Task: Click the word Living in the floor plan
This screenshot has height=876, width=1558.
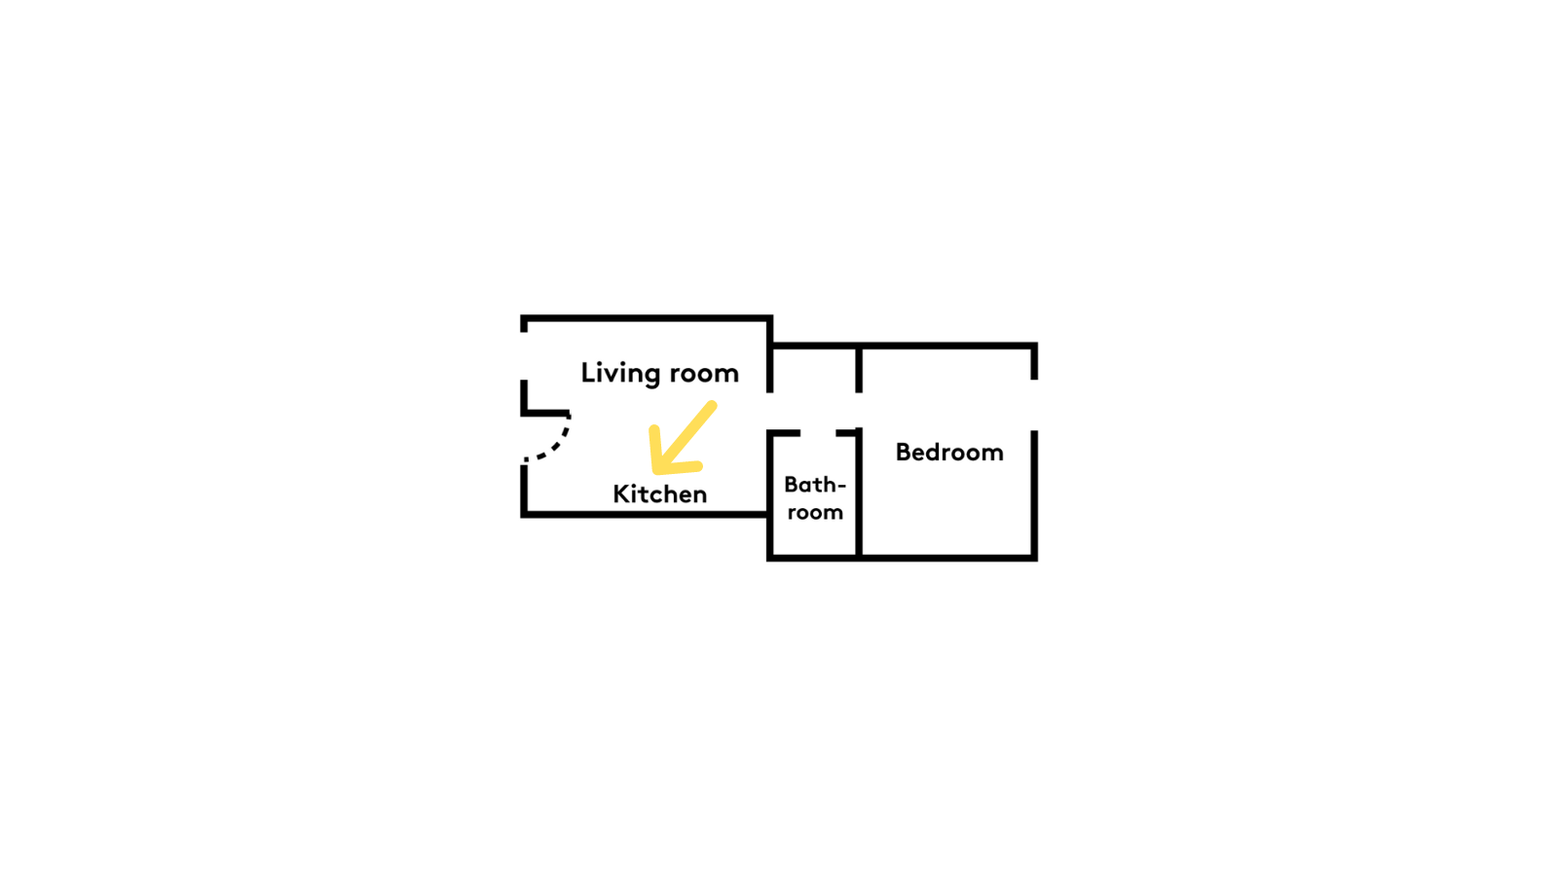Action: tap(620, 374)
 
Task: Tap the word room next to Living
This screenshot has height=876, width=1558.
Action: tap(704, 373)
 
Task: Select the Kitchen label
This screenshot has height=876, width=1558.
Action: tap(660, 493)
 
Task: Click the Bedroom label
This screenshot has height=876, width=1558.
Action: tap(949, 452)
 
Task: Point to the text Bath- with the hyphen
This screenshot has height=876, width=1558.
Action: tap(815, 484)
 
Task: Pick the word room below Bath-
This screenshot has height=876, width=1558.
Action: tap(816, 512)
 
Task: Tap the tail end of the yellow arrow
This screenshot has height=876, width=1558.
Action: tap(713, 405)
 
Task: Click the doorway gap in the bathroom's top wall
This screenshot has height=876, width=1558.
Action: tap(818, 432)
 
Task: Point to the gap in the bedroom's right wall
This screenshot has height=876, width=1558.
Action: tap(1034, 405)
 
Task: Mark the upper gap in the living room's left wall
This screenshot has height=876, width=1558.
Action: tap(524, 356)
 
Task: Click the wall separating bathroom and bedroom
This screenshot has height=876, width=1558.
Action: tap(859, 493)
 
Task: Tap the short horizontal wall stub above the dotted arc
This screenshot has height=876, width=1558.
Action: tap(545, 414)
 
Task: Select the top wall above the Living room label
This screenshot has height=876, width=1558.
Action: tap(647, 318)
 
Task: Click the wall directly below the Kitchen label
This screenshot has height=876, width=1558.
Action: tap(646, 514)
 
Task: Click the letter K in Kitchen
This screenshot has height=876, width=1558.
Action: tap(620, 493)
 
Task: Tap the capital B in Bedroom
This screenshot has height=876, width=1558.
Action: tap(903, 452)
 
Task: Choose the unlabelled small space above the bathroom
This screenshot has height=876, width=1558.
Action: tap(815, 387)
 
